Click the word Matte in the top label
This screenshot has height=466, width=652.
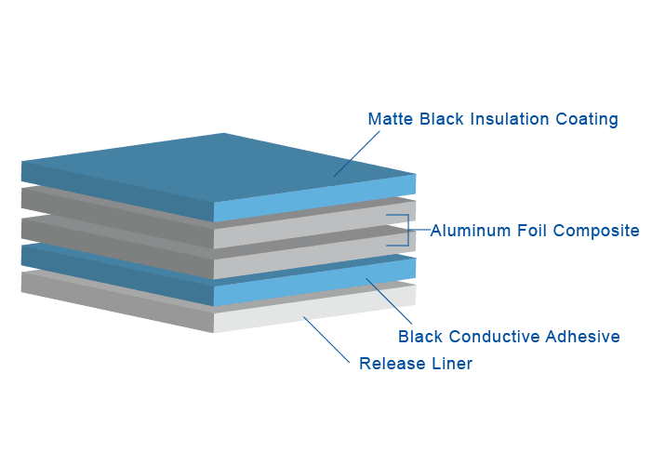pyautogui.click(x=390, y=119)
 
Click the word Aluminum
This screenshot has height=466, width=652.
pyautogui.click(x=470, y=231)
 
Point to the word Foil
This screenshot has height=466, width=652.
pyautogui.click(x=532, y=231)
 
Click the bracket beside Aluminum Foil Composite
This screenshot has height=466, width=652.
pyautogui.click(x=407, y=231)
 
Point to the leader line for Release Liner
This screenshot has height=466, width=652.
pyautogui.click(x=327, y=339)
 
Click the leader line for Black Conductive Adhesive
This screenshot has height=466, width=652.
pyautogui.click(x=391, y=300)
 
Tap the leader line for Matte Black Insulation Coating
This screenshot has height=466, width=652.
pyautogui.click(x=357, y=153)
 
